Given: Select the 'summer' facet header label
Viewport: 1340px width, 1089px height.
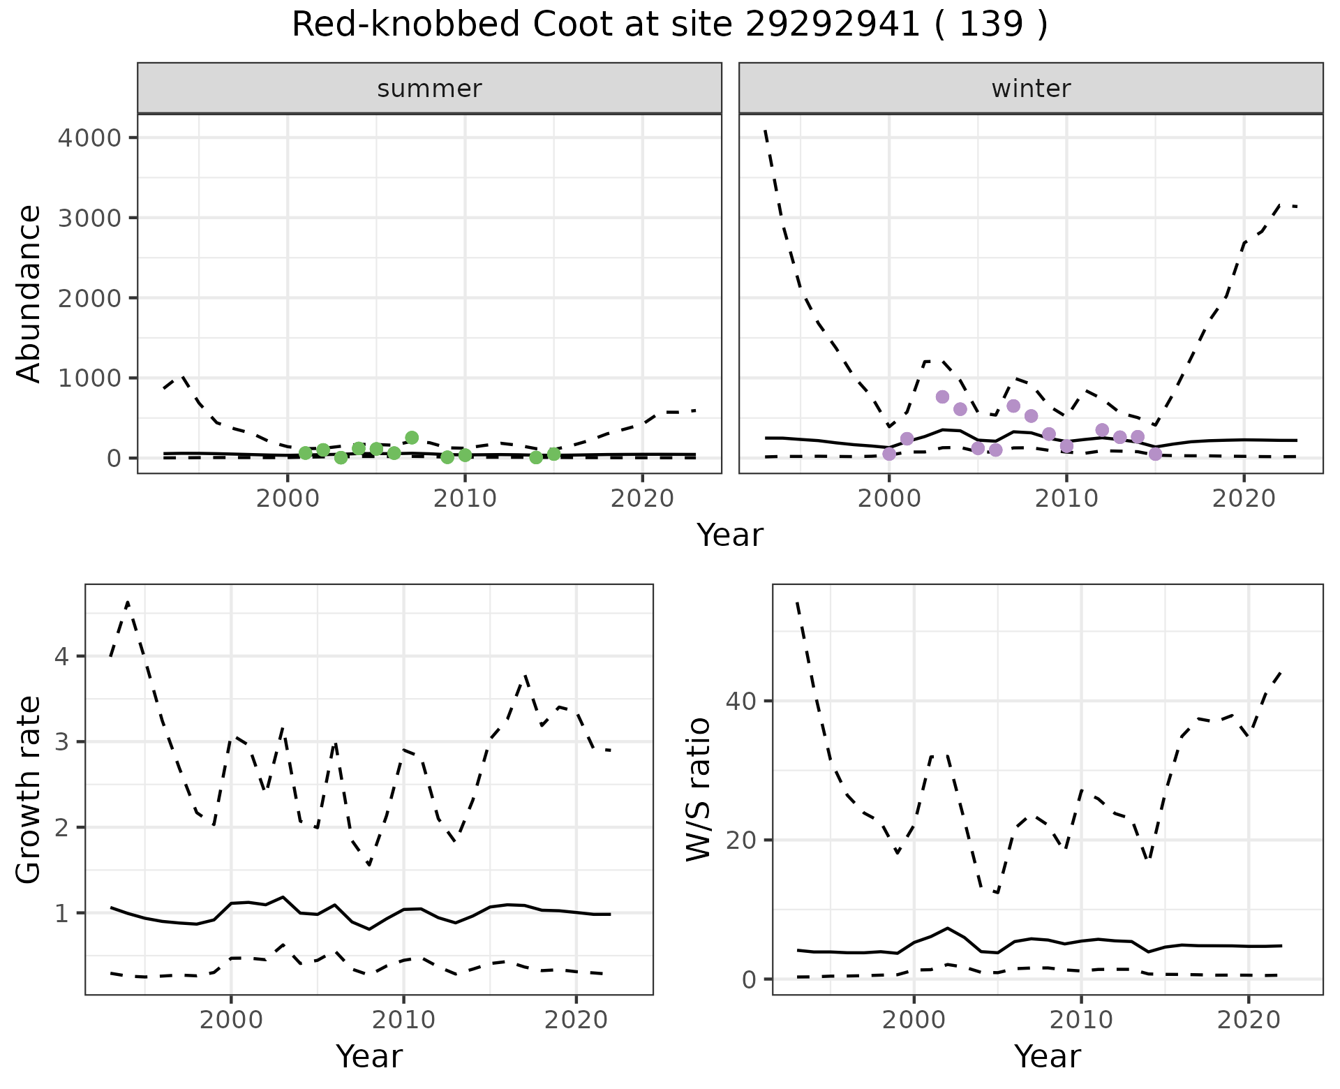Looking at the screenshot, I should click(429, 89).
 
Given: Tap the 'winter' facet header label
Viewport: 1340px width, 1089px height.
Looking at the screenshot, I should click(1031, 89).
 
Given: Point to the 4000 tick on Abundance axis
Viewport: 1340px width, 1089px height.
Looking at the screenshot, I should click(89, 138).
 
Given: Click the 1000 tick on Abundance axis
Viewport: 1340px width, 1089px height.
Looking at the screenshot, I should click(89, 378).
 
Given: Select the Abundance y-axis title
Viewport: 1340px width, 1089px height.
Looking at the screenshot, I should click(29, 293).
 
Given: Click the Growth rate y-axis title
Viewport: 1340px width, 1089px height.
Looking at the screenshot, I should click(29, 790).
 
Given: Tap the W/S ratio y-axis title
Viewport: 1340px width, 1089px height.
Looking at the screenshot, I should click(698, 790).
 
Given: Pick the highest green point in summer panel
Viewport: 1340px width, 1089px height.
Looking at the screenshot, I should click(412, 438).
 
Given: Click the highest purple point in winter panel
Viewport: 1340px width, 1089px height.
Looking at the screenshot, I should click(942, 397).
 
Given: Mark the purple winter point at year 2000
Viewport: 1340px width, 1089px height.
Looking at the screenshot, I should click(889, 454).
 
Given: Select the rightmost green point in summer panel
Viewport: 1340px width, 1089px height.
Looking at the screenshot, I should click(553, 454).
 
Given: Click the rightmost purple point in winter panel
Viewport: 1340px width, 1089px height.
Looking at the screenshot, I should click(1155, 454).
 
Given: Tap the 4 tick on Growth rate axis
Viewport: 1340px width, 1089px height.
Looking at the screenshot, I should click(67, 657).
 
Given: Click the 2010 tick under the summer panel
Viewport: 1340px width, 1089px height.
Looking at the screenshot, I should click(465, 498).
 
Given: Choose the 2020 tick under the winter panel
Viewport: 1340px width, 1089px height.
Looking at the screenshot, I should click(1244, 498).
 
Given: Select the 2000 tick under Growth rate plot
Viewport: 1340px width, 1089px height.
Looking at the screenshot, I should click(231, 1020).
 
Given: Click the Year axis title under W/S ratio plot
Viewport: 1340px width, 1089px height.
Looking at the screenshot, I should click(1047, 1056).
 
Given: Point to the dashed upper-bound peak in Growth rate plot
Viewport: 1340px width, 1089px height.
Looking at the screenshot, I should click(128, 602).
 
